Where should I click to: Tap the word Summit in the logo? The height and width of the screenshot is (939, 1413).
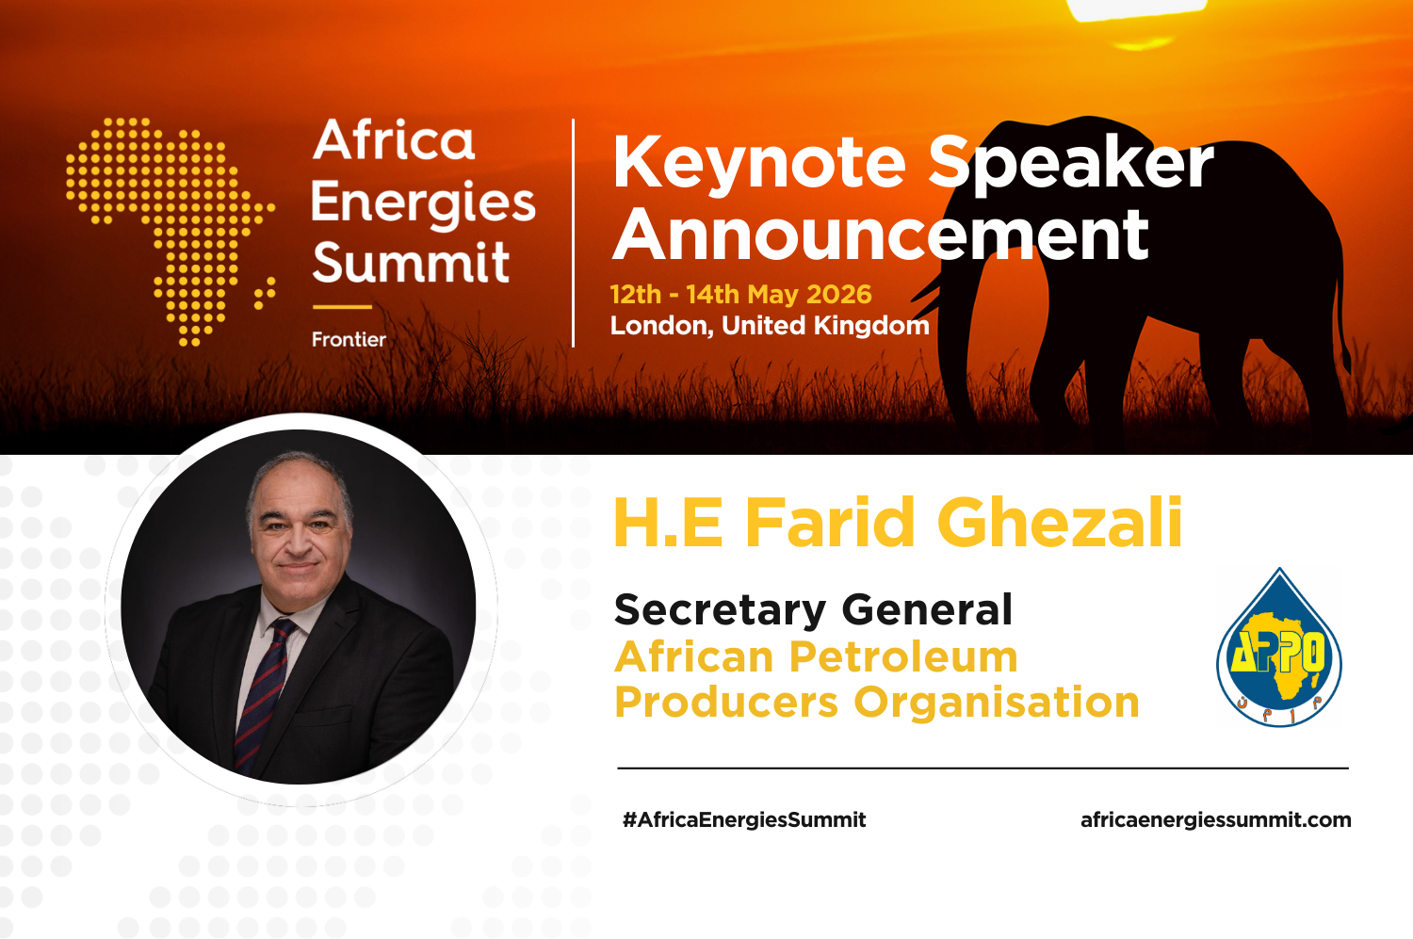click(411, 263)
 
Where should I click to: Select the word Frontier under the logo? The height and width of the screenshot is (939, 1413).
click(349, 339)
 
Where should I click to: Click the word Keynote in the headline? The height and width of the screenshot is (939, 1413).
click(759, 163)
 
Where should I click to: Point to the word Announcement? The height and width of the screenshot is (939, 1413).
click(881, 235)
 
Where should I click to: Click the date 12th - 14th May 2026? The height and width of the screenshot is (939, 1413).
click(740, 294)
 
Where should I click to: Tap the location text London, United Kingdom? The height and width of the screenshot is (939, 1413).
click(770, 326)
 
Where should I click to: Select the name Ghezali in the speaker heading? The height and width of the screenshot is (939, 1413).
click(1059, 523)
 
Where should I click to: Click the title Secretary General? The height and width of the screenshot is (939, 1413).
click(813, 609)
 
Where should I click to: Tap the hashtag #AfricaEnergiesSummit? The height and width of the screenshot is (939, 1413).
click(743, 819)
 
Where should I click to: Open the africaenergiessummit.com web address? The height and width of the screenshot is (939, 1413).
click(1215, 819)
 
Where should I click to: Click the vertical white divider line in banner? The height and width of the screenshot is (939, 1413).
click(574, 233)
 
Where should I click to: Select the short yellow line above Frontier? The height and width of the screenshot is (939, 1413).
click(342, 307)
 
